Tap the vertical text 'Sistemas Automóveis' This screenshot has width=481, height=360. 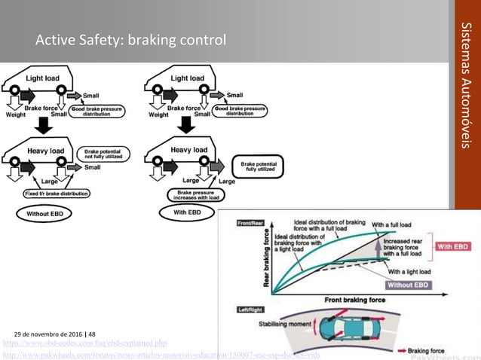click(x=465, y=86)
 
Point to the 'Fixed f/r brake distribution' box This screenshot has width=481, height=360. click(x=56, y=194)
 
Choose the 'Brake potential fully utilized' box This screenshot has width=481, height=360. click(x=257, y=165)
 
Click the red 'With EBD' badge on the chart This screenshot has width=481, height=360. click(x=454, y=246)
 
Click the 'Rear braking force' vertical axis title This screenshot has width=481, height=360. click(x=266, y=260)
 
